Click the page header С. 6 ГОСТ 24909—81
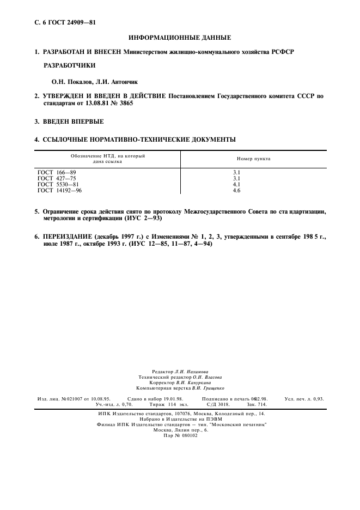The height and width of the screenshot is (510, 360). pos(60,22)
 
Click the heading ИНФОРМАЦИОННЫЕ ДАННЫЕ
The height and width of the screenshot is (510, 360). pos(180,38)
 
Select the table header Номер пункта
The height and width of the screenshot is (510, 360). pos(253,159)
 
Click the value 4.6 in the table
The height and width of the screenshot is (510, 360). pos(236,190)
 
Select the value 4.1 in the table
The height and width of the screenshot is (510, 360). pos(236,184)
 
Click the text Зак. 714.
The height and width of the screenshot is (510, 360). pos(256,405)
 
